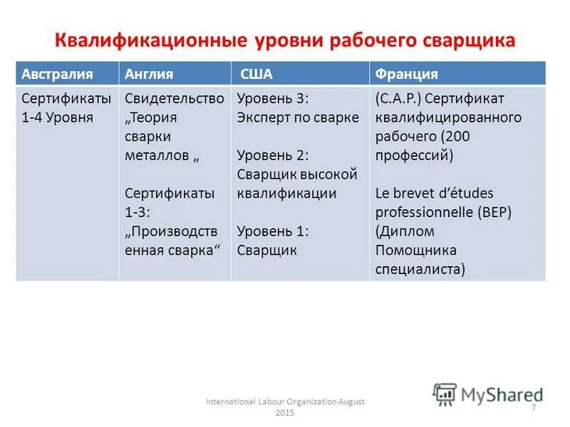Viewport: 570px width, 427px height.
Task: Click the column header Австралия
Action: (51, 74)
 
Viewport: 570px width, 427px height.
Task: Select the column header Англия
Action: (149, 74)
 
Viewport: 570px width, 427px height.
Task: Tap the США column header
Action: (256, 74)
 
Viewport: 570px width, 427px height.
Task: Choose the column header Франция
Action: (406, 74)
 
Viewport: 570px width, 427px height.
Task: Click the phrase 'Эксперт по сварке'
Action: (298, 117)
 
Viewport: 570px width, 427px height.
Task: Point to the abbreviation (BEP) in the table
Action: (494, 213)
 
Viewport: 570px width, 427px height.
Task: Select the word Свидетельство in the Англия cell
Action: (175, 98)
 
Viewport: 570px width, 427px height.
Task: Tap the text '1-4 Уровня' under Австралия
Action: (57, 117)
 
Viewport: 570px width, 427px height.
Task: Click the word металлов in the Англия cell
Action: (157, 155)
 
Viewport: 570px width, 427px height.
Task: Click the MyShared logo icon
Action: (445, 394)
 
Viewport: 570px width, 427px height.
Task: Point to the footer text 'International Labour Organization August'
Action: (285, 402)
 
